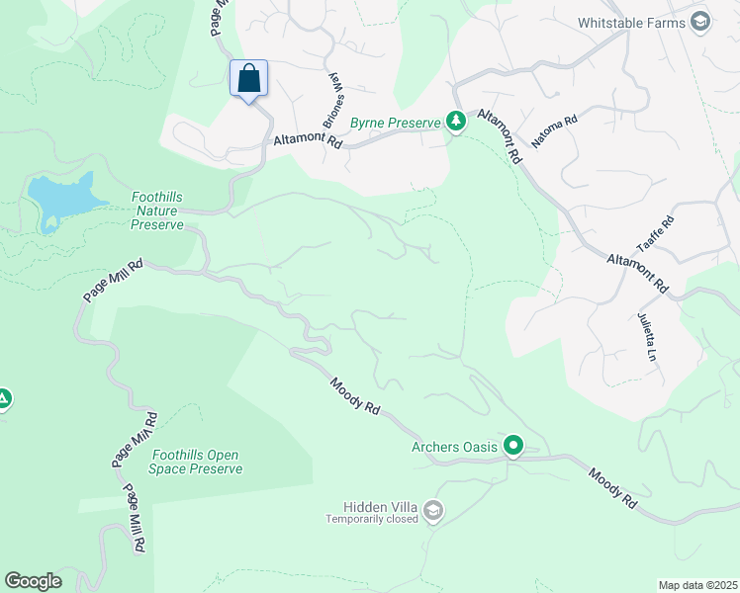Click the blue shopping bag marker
(249, 79)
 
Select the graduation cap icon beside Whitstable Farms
(700, 22)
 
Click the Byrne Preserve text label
(397, 122)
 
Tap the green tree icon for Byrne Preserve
(455, 122)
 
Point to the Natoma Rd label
(553, 131)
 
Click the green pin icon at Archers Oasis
(513, 446)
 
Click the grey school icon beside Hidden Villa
(432, 510)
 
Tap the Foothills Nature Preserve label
(157, 211)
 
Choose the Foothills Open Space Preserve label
(197, 462)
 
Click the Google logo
(33, 581)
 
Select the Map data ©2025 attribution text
(697, 585)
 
